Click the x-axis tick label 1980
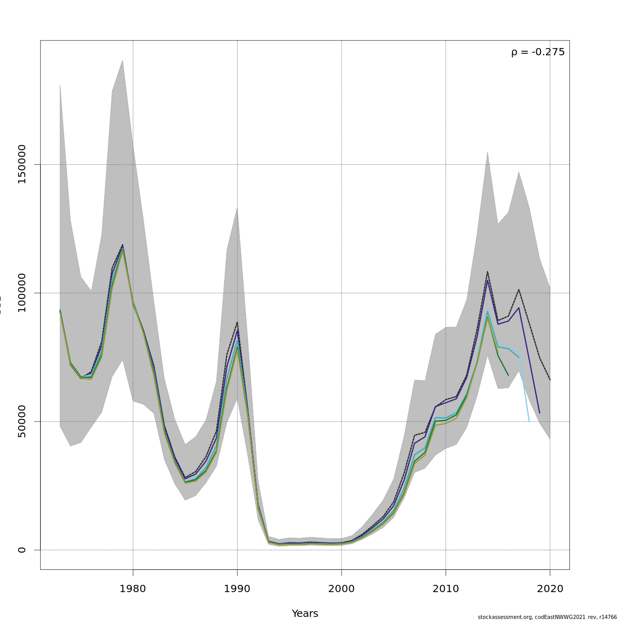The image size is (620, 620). click(x=133, y=589)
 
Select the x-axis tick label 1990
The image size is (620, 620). click(x=237, y=589)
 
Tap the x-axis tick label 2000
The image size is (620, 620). click(x=342, y=589)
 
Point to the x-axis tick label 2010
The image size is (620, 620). click(x=446, y=589)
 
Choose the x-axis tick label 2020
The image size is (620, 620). click(x=550, y=589)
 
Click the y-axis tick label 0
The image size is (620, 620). click(x=22, y=550)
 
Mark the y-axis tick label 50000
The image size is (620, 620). click(x=22, y=421)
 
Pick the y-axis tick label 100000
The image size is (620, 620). click(x=22, y=293)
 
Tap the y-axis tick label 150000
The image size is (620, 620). click(x=22, y=164)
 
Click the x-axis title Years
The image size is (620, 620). click(x=305, y=613)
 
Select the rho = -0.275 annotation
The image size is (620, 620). click(x=538, y=52)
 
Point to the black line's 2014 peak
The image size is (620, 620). click(x=487, y=271)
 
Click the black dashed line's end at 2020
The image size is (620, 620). click(x=550, y=380)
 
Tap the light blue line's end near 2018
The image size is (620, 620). click(x=529, y=422)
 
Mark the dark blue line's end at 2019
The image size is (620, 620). click(x=539, y=413)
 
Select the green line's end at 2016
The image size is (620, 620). click(x=508, y=375)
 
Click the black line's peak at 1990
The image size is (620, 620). click(x=237, y=322)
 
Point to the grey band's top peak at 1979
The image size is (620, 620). click(x=122, y=60)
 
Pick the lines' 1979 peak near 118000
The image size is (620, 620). click(x=122, y=245)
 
